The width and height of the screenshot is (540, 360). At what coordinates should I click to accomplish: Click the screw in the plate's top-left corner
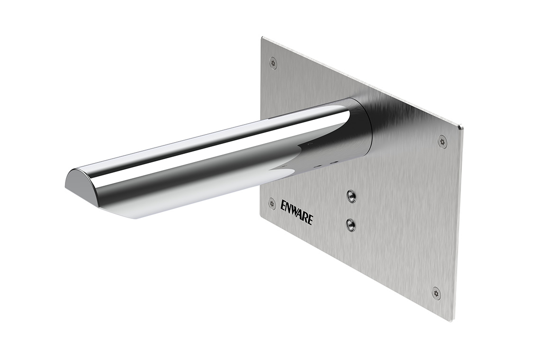click(273, 63)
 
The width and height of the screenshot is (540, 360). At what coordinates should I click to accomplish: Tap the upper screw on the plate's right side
click(442, 141)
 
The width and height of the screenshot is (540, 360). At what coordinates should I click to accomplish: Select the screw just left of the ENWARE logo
click(272, 204)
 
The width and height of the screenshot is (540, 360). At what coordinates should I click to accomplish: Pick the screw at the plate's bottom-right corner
click(436, 293)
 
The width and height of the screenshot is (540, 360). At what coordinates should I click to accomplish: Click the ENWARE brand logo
click(297, 212)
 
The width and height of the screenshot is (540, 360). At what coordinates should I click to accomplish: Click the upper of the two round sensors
click(351, 195)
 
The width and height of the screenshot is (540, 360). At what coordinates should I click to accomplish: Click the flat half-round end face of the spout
click(81, 187)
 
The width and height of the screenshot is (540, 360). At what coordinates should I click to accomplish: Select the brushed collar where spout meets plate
click(362, 128)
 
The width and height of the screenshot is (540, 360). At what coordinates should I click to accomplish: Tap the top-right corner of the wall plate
click(462, 127)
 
